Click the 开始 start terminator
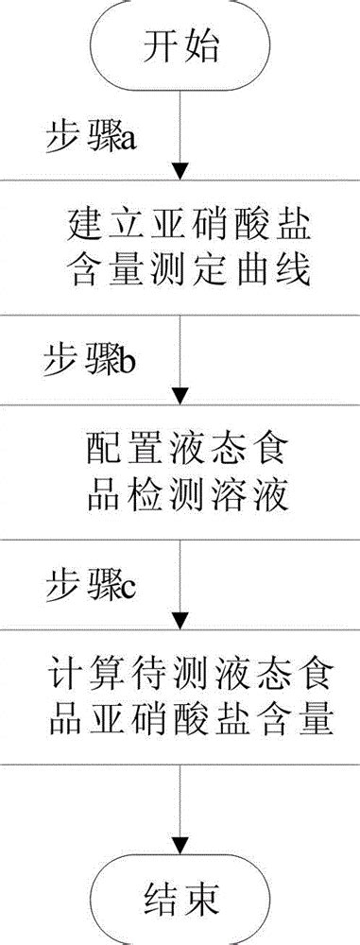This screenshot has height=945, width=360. click(180, 43)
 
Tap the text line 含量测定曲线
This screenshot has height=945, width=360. click(180, 274)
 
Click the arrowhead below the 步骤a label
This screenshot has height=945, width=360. click(180, 173)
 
